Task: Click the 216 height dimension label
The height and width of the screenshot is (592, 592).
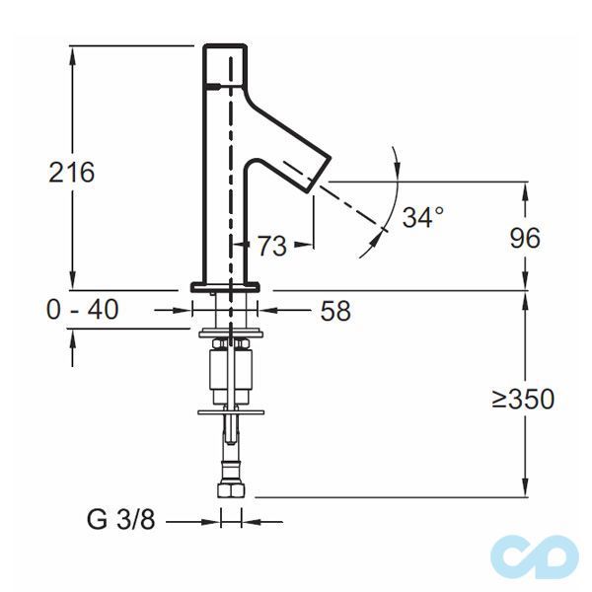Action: pyautogui.click(x=72, y=172)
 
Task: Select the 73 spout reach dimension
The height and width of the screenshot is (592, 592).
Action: pyautogui.click(x=271, y=247)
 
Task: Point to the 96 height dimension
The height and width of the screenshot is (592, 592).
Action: pyautogui.click(x=524, y=238)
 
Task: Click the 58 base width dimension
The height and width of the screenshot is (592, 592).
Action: pyautogui.click(x=335, y=311)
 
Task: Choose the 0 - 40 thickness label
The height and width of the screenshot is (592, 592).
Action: pyautogui.click(x=82, y=310)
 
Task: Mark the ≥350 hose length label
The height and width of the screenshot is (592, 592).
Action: pyautogui.click(x=523, y=399)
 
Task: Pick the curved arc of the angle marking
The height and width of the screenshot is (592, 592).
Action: pyautogui.click(x=394, y=197)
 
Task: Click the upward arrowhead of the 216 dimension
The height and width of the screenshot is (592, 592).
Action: pyautogui.click(x=72, y=53)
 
